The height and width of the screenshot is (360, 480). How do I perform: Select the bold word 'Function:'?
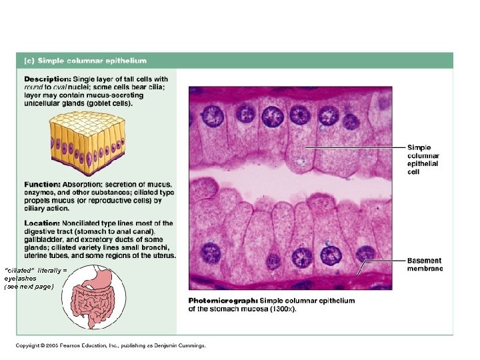(43, 184)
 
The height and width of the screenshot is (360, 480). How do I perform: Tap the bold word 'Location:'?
(42, 223)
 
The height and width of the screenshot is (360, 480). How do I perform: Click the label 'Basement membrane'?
(425, 264)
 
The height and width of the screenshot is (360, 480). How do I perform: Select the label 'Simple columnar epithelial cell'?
(423, 159)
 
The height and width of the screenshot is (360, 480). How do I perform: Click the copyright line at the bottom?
(111, 345)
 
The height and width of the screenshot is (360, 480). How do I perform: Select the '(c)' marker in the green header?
(29, 61)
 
